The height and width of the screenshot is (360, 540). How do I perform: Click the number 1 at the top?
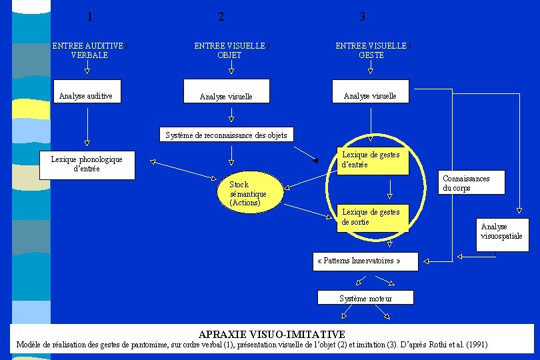coord(90,17)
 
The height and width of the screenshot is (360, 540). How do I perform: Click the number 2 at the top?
coord(221,17)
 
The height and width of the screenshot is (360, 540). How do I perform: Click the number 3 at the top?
coord(362,17)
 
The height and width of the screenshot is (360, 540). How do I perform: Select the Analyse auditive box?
coord(87,96)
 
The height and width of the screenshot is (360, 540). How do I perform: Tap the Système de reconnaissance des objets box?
coord(226,135)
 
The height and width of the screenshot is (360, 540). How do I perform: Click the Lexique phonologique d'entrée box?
coord(87,165)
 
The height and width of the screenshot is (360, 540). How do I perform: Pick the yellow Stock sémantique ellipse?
coord(248,193)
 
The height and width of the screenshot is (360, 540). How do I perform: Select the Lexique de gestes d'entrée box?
coord(371,160)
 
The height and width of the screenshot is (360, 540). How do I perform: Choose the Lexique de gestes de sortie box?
coord(371,217)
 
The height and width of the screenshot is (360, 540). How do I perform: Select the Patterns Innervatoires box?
coord(365,261)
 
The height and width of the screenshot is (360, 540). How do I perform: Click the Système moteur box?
coord(365,298)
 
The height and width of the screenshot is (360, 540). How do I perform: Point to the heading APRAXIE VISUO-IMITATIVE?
coord(271,334)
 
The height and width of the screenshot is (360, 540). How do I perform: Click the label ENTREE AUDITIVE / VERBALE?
coord(89,51)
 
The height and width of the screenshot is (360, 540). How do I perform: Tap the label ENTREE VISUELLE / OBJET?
coord(230,51)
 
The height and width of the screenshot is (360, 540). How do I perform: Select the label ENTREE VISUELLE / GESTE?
coord(371,51)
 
